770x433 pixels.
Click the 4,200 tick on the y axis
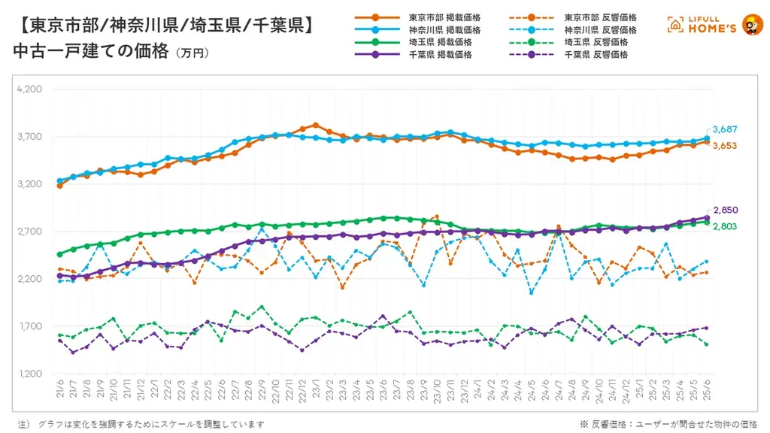[31, 89]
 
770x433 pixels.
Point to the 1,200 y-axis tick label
[31, 374]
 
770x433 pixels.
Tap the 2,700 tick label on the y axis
[31, 232]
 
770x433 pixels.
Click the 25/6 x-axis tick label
[705, 390]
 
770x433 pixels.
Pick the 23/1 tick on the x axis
[316, 390]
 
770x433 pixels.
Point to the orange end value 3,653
[725, 145]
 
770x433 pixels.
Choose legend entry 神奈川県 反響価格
[600, 29]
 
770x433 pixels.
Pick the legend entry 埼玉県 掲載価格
[441, 42]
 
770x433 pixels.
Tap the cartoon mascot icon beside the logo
[751, 25]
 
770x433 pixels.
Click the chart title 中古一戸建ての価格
[90, 52]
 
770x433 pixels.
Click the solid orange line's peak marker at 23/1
[316, 125]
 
